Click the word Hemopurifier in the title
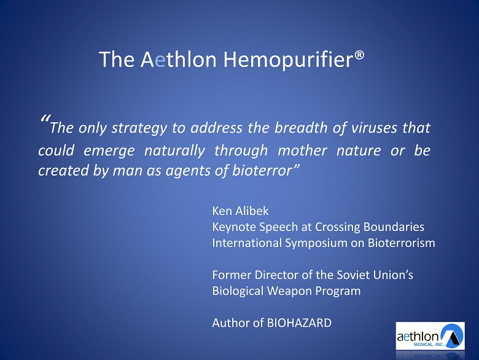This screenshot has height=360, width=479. pos(289,60)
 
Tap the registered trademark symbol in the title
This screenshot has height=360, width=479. pos(359,56)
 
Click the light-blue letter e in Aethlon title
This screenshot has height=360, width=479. pos(160,61)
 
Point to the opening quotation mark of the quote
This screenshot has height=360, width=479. pos(45,119)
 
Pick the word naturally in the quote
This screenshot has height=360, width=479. pos(174,151)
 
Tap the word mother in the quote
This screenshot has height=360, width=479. pos(302,150)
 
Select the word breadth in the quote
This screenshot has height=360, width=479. pos(301,127)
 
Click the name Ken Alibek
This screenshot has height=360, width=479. pos(240,211)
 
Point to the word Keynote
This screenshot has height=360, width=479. pos(234,227)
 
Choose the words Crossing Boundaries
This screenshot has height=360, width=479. pos(370,227)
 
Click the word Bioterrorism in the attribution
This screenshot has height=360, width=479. pos(402,243)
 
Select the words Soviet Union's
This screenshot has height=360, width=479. pos(375,275)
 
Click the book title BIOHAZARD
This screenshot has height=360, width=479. pos(300,323)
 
